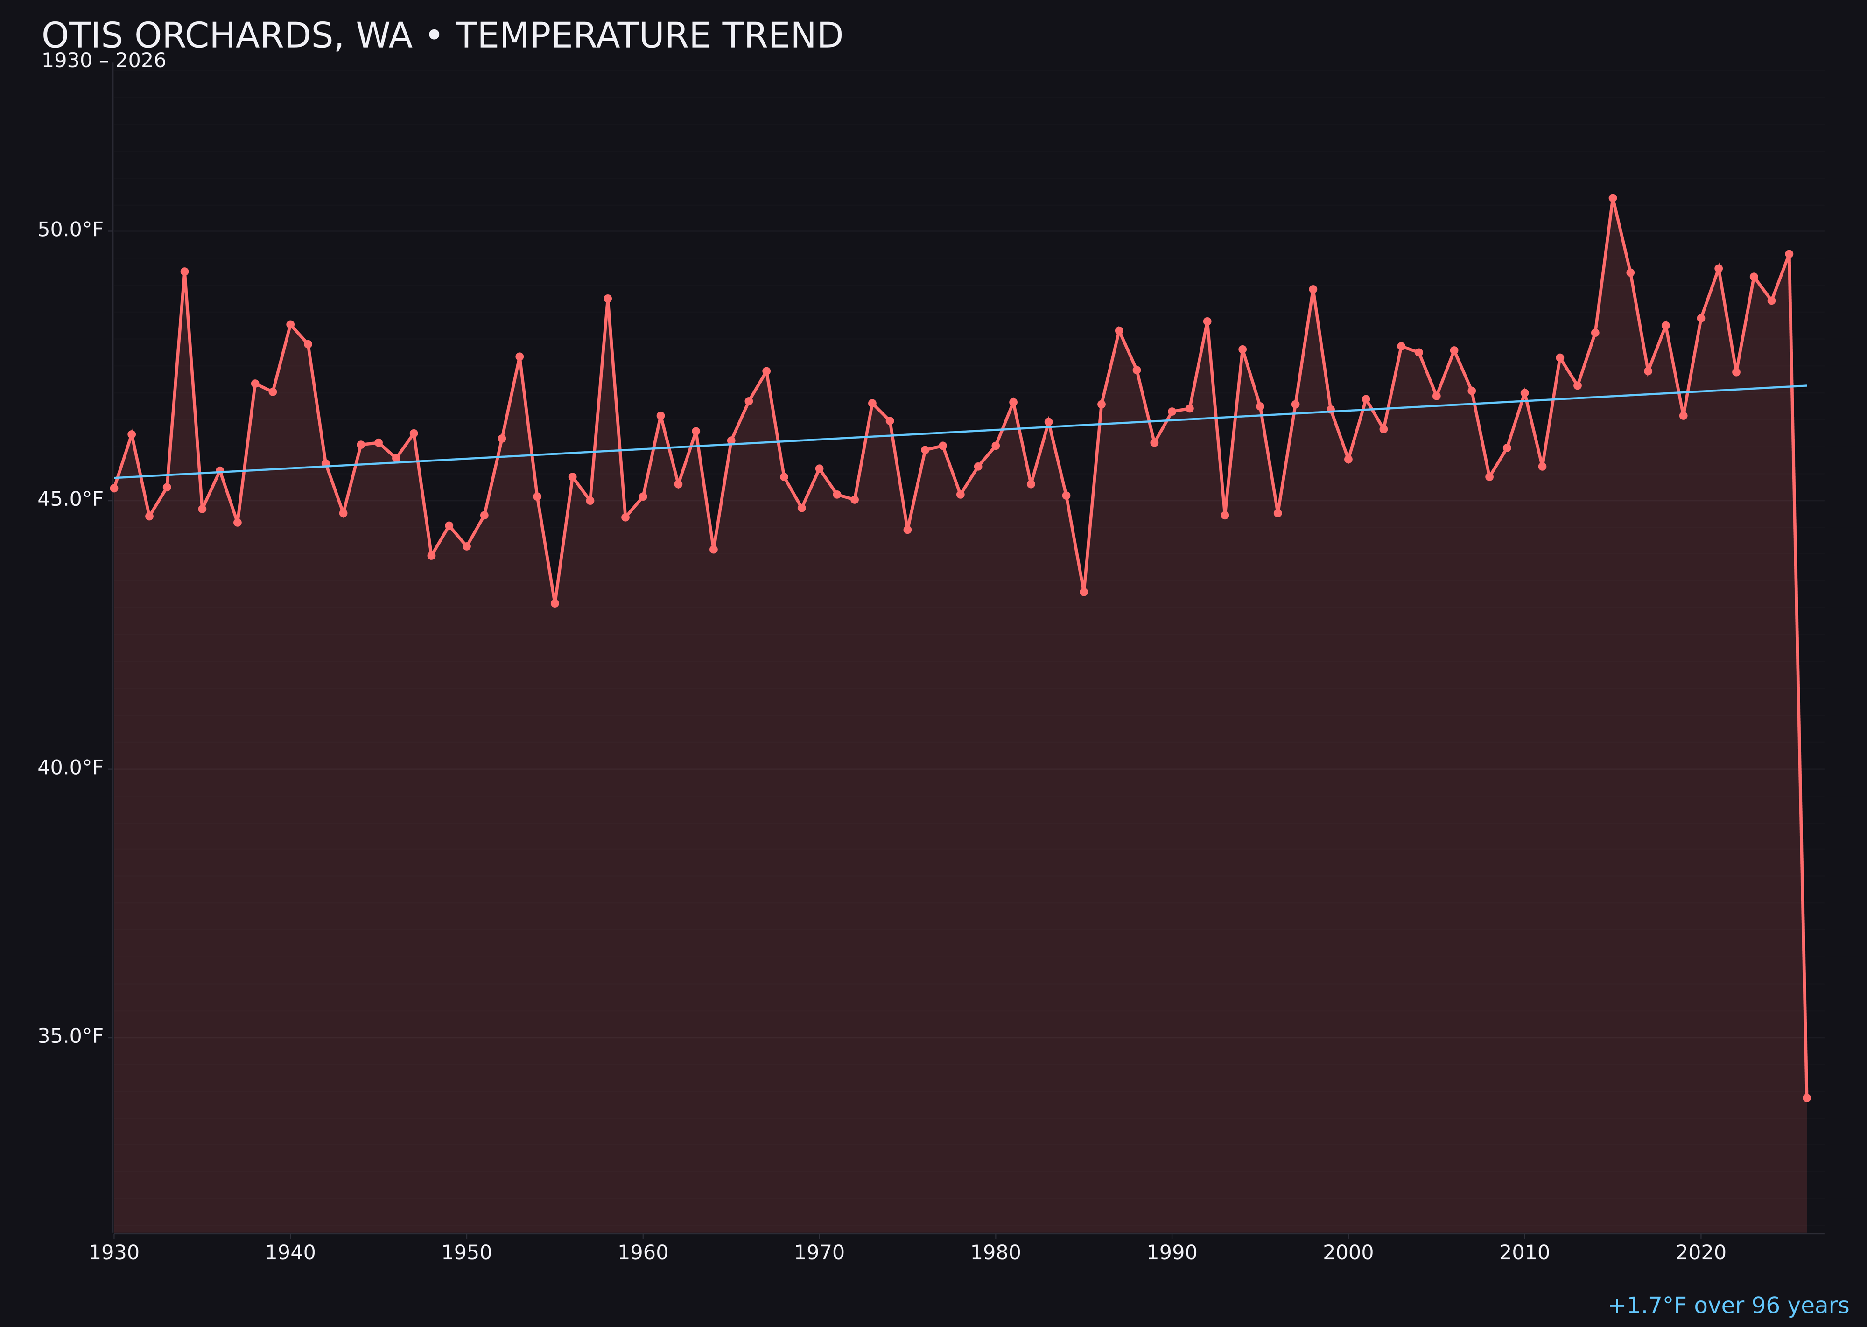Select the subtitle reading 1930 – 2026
pos(104,61)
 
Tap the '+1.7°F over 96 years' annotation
pos(1727,1306)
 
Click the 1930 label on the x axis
pos(114,1253)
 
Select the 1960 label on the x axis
pos(643,1253)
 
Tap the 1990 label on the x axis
pos(1172,1253)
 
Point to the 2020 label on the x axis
pos(1700,1253)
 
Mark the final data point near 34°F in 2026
pos(1806,1097)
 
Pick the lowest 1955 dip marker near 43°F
pos(555,603)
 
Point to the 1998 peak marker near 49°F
pos(1313,289)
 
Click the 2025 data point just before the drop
pos(1789,254)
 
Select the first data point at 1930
pos(114,488)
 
